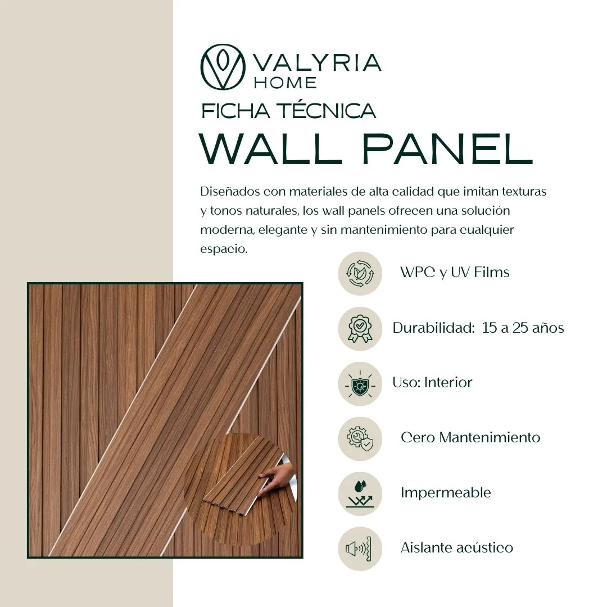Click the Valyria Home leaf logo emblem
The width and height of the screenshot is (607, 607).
pyautogui.click(x=223, y=67)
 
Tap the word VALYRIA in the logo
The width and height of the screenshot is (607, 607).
pyautogui.click(x=317, y=63)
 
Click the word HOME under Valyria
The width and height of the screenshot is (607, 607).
pyautogui.click(x=286, y=83)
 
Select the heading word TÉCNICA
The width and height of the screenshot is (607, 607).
pyautogui.click(x=328, y=111)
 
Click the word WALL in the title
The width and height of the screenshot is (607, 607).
pyautogui.click(x=270, y=148)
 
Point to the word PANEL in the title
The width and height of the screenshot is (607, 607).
pyautogui.click(x=447, y=148)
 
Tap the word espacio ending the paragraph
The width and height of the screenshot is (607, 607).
pyautogui.click(x=223, y=249)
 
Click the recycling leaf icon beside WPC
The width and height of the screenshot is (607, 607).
pyautogui.click(x=360, y=273)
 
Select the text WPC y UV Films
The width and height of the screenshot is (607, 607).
pyautogui.click(x=455, y=272)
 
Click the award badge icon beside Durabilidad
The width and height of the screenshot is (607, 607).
pyautogui.click(x=360, y=329)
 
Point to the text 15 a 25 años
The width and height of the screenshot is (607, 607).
pyautogui.click(x=523, y=328)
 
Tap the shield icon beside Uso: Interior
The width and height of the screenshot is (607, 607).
pyautogui.click(x=360, y=384)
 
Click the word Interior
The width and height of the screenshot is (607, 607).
pyautogui.click(x=448, y=383)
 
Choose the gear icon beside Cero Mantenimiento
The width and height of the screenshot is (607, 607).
pyautogui.click(x=360, y=438)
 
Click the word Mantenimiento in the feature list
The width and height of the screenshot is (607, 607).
pyautogui.click(x=490, y=437)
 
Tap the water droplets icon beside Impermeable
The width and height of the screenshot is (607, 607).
pyautogui.click(x=360, y=494)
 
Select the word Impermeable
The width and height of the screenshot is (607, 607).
pyautogui.click(x=446, y=493)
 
